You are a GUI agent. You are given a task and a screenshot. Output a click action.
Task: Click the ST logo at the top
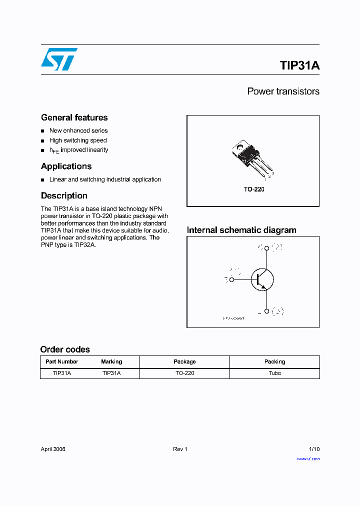[59, 59]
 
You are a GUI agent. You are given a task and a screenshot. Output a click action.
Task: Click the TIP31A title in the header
[299, 65]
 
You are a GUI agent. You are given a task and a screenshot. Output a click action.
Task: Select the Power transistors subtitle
[283, 91]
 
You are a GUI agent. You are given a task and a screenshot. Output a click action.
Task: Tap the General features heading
[74, 117]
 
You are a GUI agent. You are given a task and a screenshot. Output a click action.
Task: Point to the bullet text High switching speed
[78, 140]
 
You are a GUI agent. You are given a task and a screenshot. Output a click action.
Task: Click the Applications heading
[66, 166]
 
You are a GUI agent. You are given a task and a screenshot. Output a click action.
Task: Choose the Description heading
[64, 195]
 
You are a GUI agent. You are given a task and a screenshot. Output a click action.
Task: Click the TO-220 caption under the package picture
[254, 190]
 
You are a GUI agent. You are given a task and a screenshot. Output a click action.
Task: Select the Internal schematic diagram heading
[241, 230]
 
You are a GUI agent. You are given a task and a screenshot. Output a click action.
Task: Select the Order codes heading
[65, 349]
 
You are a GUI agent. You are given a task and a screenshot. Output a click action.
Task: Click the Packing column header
[274, 361]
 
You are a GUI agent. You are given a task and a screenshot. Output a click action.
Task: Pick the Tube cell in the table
[274, 373]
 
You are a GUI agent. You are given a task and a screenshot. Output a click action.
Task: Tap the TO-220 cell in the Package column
[184, 373]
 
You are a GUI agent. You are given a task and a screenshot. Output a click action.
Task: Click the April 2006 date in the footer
[53, 449]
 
